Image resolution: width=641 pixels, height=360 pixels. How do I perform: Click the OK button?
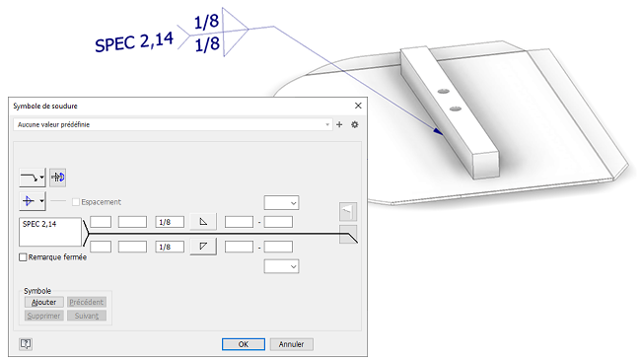coord(244,344)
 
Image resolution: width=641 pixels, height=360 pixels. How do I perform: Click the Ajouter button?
coord(43,302)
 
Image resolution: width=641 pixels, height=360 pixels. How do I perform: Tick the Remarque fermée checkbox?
coord(23,257)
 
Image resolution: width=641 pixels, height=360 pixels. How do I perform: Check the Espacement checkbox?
coord(76,202)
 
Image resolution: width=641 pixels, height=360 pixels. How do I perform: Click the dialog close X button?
coord(358,106)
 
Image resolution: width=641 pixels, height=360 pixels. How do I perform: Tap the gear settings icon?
coord(354,124)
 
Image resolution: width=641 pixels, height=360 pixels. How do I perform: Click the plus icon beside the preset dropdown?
coord(339,124)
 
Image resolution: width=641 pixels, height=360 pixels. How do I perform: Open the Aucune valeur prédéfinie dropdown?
coord(173,124)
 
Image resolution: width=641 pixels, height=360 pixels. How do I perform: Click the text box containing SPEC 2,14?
coord(50,232)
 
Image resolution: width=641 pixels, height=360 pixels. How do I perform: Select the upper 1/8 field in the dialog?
coord(170,222)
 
